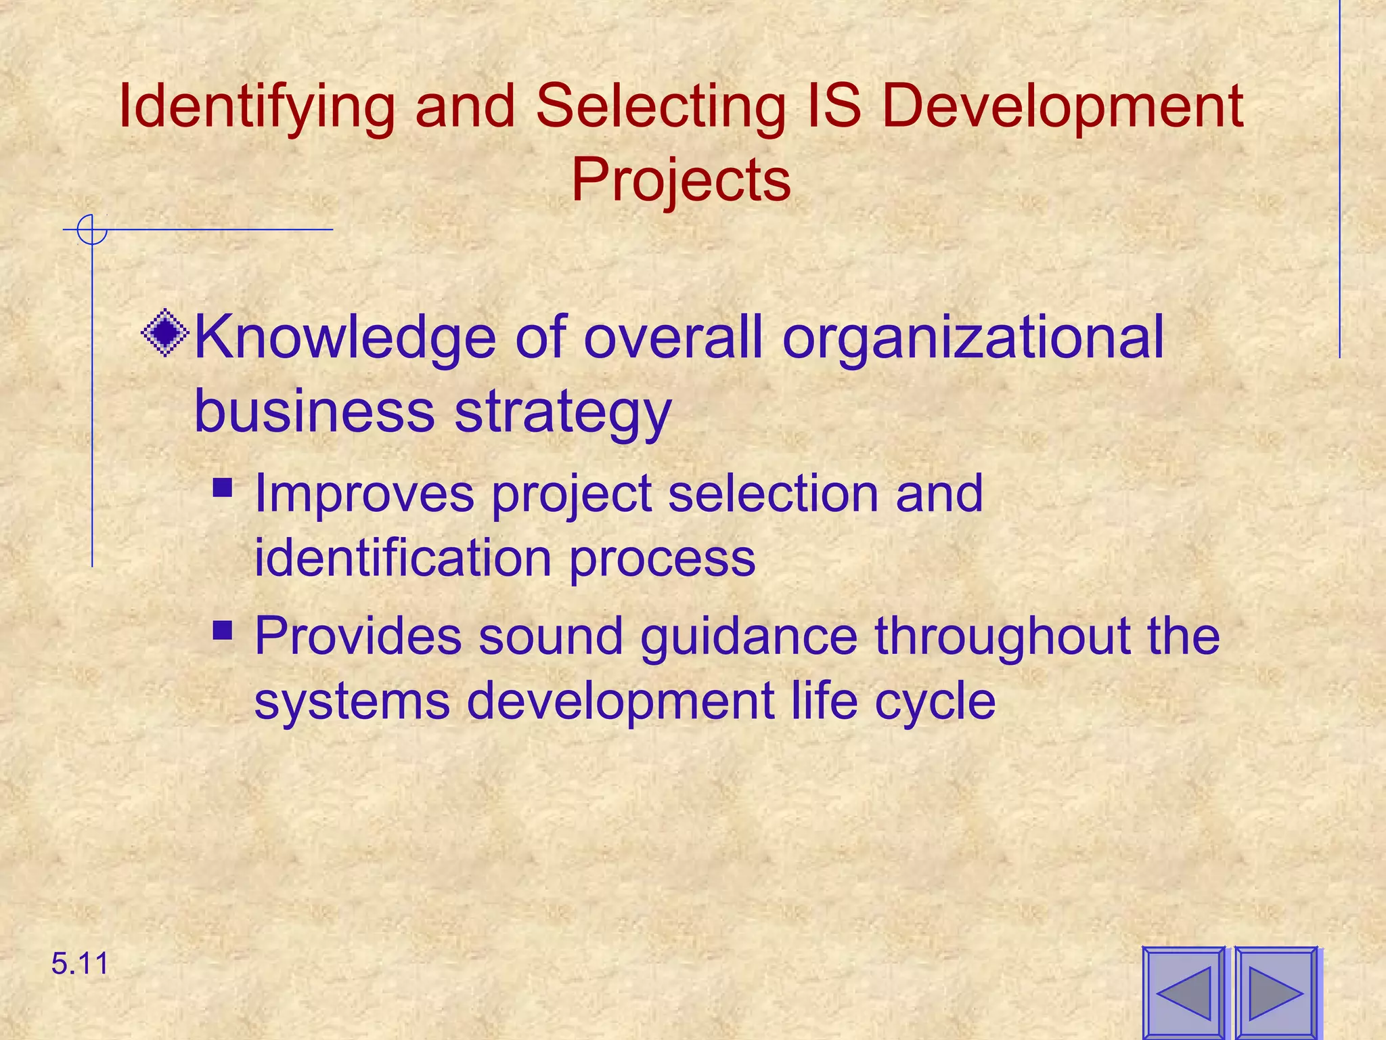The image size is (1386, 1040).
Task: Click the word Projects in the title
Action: pos(681,180)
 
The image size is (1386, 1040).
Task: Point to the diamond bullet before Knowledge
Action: pos(165,333)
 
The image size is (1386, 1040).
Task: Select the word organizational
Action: pos(973,339)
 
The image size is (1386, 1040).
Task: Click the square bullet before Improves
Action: pos(223,488)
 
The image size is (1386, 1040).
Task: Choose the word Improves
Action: pos(364,494)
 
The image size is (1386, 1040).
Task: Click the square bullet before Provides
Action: pos(223,631)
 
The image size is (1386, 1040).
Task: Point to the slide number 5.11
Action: pos(80,963)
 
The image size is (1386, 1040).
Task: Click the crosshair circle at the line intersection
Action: pos(92,230)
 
